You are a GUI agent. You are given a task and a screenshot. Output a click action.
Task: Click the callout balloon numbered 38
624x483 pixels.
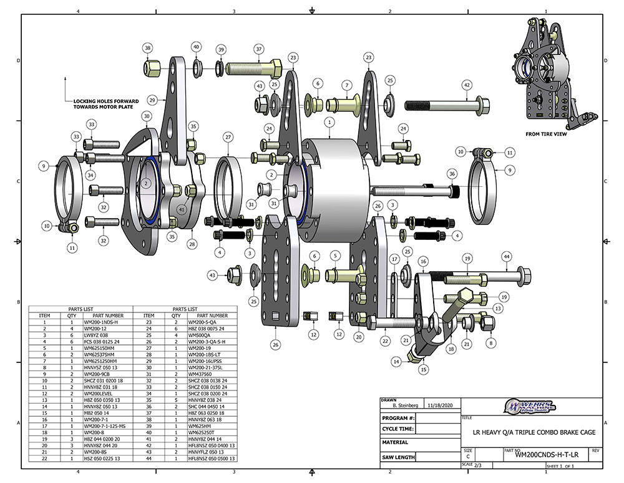coord(148,47)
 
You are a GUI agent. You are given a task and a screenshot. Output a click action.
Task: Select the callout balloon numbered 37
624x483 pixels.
coord(259,48)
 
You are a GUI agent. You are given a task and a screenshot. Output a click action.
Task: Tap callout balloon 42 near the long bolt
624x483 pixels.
coord(466,85)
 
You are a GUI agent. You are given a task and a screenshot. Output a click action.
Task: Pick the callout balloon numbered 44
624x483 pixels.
coord(507,256)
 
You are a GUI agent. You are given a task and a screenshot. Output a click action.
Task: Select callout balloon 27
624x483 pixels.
coord(228,137)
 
